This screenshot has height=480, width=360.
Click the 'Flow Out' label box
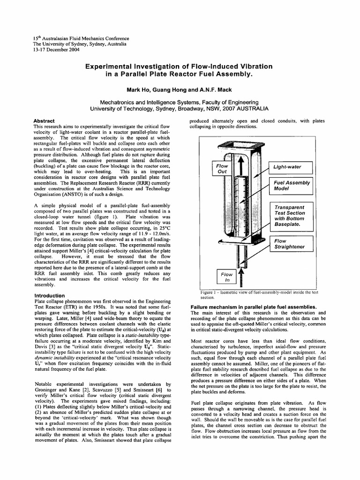(222, 169)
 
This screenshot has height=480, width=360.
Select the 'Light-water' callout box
(293, 166)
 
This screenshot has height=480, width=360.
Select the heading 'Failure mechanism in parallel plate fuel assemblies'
(254, 307)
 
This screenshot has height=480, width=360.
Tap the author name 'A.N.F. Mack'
(210, 89)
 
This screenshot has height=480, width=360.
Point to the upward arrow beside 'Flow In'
(241, 277)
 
